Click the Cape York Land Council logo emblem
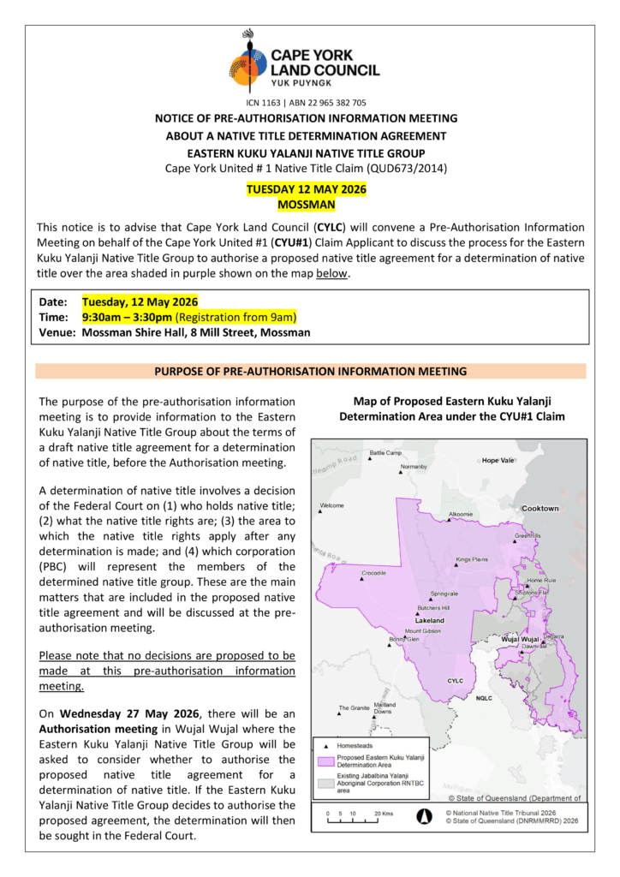[x=248, y=60]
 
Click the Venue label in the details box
[x=57, y=332]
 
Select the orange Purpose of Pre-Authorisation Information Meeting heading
[x=310, y=371]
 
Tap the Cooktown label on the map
[x=540, y=509]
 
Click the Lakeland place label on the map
[x=429, y=619]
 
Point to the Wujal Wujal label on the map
[x=519, y=640]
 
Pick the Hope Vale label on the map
[x=498, y=460]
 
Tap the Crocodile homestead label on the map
[x=373, y=572]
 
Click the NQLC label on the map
[x=485, y=698]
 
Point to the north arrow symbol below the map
[x=423, y=815]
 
